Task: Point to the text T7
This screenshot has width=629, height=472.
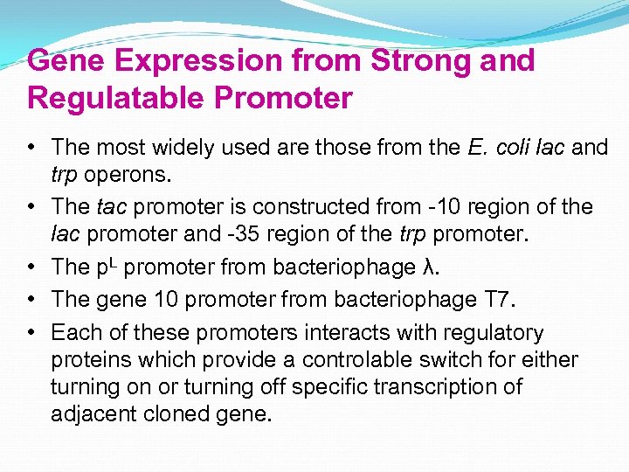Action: [503, 299]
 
